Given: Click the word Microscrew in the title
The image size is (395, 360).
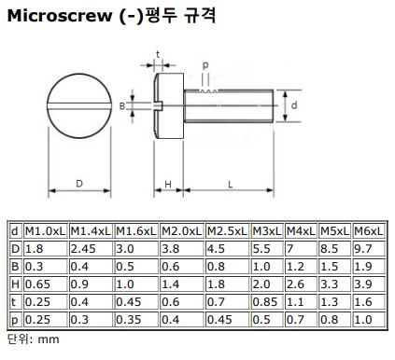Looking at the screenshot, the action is coord(60,16).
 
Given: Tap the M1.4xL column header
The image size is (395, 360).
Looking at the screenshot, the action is coord(91,231).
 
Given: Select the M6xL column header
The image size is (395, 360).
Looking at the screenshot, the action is coord(369,231).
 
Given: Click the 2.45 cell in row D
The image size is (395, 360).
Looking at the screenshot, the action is coord(83,249).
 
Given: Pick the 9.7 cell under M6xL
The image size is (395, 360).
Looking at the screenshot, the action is coord(363,249).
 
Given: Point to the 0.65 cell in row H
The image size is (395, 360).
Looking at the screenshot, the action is coord(37,284).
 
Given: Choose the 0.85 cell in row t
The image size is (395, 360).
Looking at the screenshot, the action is coord(264,302).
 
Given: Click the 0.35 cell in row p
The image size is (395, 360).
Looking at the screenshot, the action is coord(128,320).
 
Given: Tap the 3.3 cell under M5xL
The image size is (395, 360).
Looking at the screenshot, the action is coord(329,284).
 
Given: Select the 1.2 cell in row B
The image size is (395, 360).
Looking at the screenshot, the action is coord(295,267).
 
